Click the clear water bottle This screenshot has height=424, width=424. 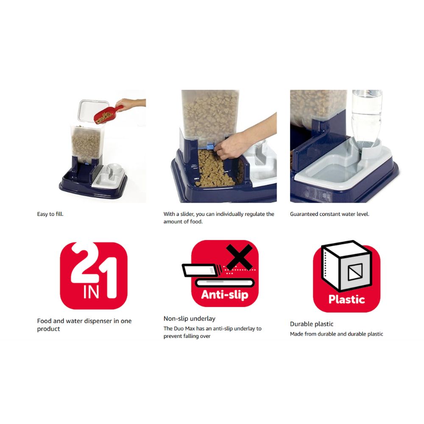367,120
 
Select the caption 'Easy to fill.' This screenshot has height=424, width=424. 50,214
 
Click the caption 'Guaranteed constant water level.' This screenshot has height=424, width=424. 329,214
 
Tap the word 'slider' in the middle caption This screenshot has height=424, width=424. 187,214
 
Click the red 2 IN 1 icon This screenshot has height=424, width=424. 94,276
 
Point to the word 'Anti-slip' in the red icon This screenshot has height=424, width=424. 225,295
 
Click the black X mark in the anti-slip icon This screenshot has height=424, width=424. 239,257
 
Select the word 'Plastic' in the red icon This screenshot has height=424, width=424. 347,299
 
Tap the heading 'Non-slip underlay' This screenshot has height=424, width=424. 189,318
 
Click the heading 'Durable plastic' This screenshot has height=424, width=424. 312,324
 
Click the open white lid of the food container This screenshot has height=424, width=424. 92,111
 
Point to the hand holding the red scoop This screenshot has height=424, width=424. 130,104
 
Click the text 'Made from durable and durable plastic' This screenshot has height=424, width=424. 336,334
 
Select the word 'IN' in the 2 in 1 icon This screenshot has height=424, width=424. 91,292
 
